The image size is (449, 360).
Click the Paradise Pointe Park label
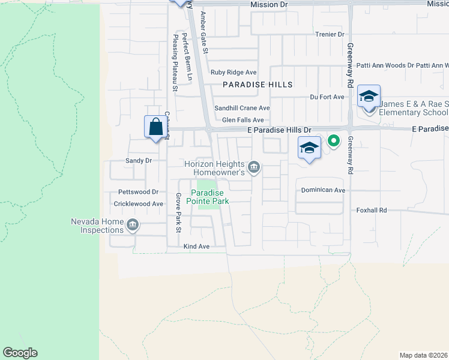point(209,197)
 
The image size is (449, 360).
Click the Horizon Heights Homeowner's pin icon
point(254,166)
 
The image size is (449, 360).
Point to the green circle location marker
point(333,142)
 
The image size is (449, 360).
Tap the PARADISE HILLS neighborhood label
point(258,85)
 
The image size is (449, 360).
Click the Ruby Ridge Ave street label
point(234,72)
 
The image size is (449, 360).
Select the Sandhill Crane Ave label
point(243,108)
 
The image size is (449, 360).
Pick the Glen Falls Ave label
point(243,120)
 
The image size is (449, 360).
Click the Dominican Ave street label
point(323,190)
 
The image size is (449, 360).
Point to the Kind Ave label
point(196,247)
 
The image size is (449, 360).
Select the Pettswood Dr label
point(138,192)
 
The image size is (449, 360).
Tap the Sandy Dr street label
point(138,161)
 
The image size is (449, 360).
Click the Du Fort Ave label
point(327,97)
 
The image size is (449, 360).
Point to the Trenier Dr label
point(330,35)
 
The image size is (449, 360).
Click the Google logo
point(20,353)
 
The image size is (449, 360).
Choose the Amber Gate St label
point(204,33)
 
